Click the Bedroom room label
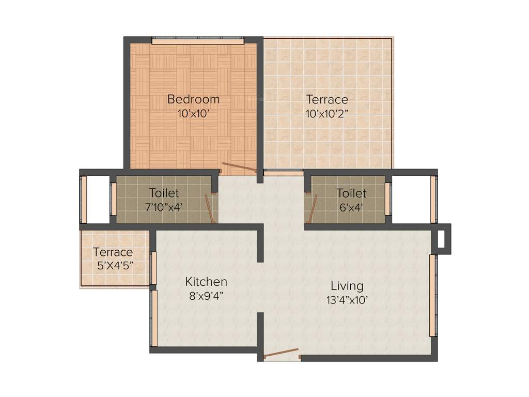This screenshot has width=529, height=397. coord(193,99)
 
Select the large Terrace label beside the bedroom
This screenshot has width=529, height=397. coord(327,99)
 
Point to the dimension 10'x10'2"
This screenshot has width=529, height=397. coord(327,114)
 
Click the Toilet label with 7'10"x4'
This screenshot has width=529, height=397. coord(164,193)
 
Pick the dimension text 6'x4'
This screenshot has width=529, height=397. coord(351,208)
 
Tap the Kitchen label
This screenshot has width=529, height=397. coord(206,282)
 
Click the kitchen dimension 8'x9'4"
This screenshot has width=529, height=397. coord(206,297)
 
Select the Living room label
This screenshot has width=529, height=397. coord(347,285)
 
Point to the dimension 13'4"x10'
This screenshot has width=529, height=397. coord(347,300)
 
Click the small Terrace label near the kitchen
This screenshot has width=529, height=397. coord(113,252)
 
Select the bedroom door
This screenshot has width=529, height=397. coord(238,169)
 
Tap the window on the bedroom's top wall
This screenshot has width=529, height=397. coord(197,40)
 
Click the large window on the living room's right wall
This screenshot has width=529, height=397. coord(433,295)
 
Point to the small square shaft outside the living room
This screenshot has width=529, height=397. coord(441,239)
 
